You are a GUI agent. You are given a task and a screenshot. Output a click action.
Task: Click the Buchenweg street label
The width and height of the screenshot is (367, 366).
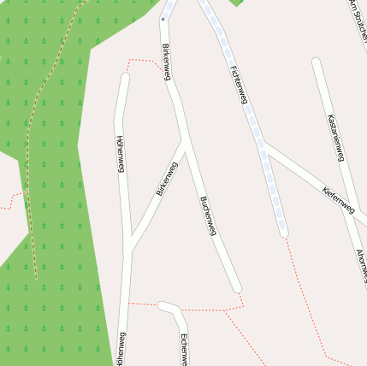coord(208,215)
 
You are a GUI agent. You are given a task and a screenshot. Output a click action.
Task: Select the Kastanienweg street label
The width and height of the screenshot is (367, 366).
coord(335,138)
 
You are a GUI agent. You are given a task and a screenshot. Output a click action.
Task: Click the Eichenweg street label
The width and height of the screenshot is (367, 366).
coord(184,349)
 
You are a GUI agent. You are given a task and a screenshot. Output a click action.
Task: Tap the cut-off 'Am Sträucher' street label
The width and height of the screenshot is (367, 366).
coord(358,17)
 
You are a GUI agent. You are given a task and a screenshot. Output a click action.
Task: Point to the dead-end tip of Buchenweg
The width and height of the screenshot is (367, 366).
coord(237,288)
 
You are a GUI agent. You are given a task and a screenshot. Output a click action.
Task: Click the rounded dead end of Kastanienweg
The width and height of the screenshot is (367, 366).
coord(316,62)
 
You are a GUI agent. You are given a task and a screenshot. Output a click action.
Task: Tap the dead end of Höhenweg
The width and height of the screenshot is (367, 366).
coord(125,77)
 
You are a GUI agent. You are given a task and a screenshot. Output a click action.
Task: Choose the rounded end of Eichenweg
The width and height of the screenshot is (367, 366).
coord(162,305)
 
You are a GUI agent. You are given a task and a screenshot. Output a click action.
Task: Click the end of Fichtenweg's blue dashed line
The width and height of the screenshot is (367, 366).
coord(283,232)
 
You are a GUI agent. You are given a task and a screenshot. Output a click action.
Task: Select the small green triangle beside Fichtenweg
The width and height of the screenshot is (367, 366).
coord(237,3)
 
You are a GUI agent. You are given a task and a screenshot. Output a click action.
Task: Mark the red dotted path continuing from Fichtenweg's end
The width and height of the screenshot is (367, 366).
coord(304,291)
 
